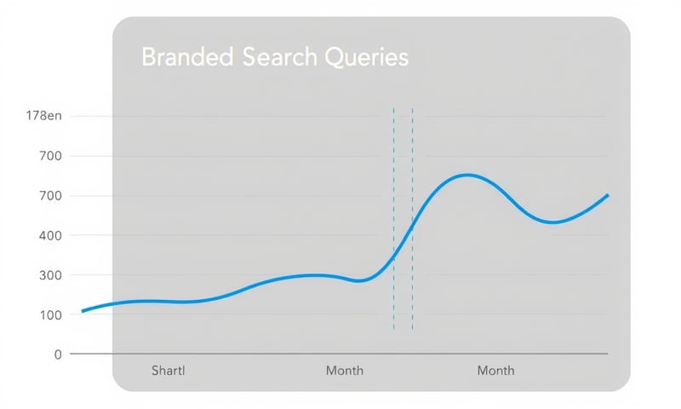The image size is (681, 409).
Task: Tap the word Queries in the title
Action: point(365,57)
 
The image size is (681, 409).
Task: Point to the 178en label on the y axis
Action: point(45,116)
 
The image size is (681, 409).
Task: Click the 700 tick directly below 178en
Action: point(52,156)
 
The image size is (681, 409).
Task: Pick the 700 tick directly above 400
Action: point(52,196)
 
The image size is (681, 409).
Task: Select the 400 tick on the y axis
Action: point(52,235)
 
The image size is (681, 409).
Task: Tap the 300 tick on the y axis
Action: point(52,275)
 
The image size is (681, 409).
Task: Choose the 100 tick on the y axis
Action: point(52,314)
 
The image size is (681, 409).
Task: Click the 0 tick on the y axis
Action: point(58,354)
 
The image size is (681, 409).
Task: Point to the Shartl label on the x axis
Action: point(168,371)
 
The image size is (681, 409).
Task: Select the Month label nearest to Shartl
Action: point(345,371)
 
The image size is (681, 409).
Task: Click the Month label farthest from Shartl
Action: point(495,371)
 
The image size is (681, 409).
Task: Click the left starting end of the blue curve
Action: point(83,311)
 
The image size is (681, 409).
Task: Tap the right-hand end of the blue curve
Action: point(608,195)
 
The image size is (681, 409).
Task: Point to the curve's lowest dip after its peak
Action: point(553,222)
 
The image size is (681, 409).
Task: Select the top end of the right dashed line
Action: point(412,109)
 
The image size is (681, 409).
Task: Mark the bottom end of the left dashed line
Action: point(393,330)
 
